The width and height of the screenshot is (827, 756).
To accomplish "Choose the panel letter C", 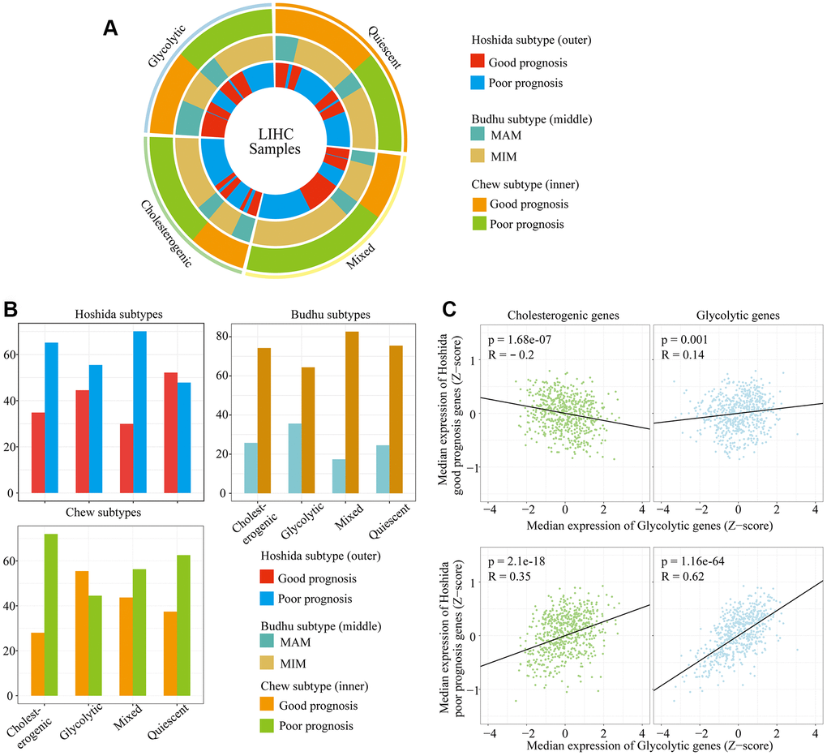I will click(x=452, y=311).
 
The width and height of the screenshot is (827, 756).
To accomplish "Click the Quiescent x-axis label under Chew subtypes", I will click(x=165, y=724).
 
